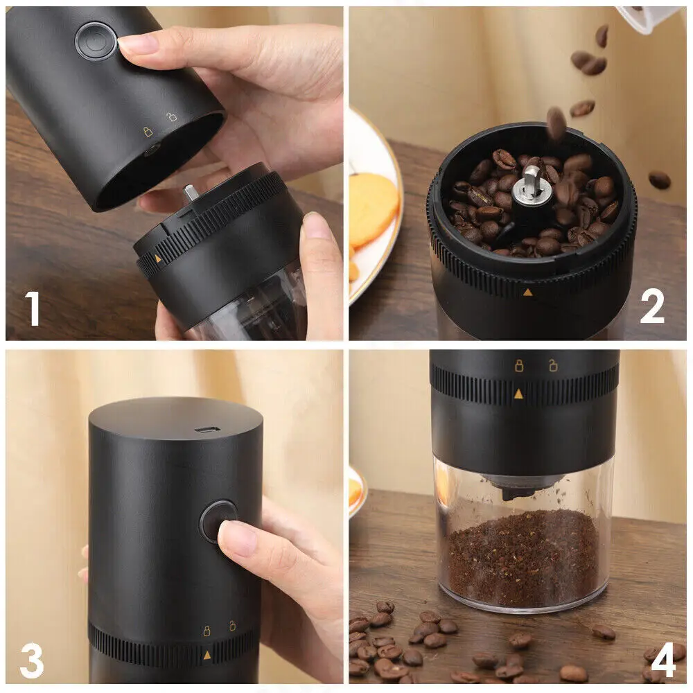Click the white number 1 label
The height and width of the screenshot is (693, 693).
pos(33,308)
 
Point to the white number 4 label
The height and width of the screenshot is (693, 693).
pos(663,660)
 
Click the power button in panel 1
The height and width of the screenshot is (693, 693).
pos(96,41)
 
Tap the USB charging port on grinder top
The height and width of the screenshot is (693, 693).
pos(207,429)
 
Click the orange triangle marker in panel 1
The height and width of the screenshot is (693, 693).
pos(158,258)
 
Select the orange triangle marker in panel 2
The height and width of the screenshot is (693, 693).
pos(527,292)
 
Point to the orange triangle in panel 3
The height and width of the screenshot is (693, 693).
pos(207,655)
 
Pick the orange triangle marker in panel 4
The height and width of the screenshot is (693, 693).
pos(518,394)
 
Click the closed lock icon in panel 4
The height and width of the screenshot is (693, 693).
pos(519,365)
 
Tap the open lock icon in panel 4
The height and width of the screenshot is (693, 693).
pos(552,365)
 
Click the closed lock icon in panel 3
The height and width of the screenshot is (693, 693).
pos(207,631)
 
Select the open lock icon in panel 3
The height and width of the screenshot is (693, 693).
pos(232,626)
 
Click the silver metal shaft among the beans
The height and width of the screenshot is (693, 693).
pos(529,185)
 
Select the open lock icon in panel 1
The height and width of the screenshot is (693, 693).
pos(171,116)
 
